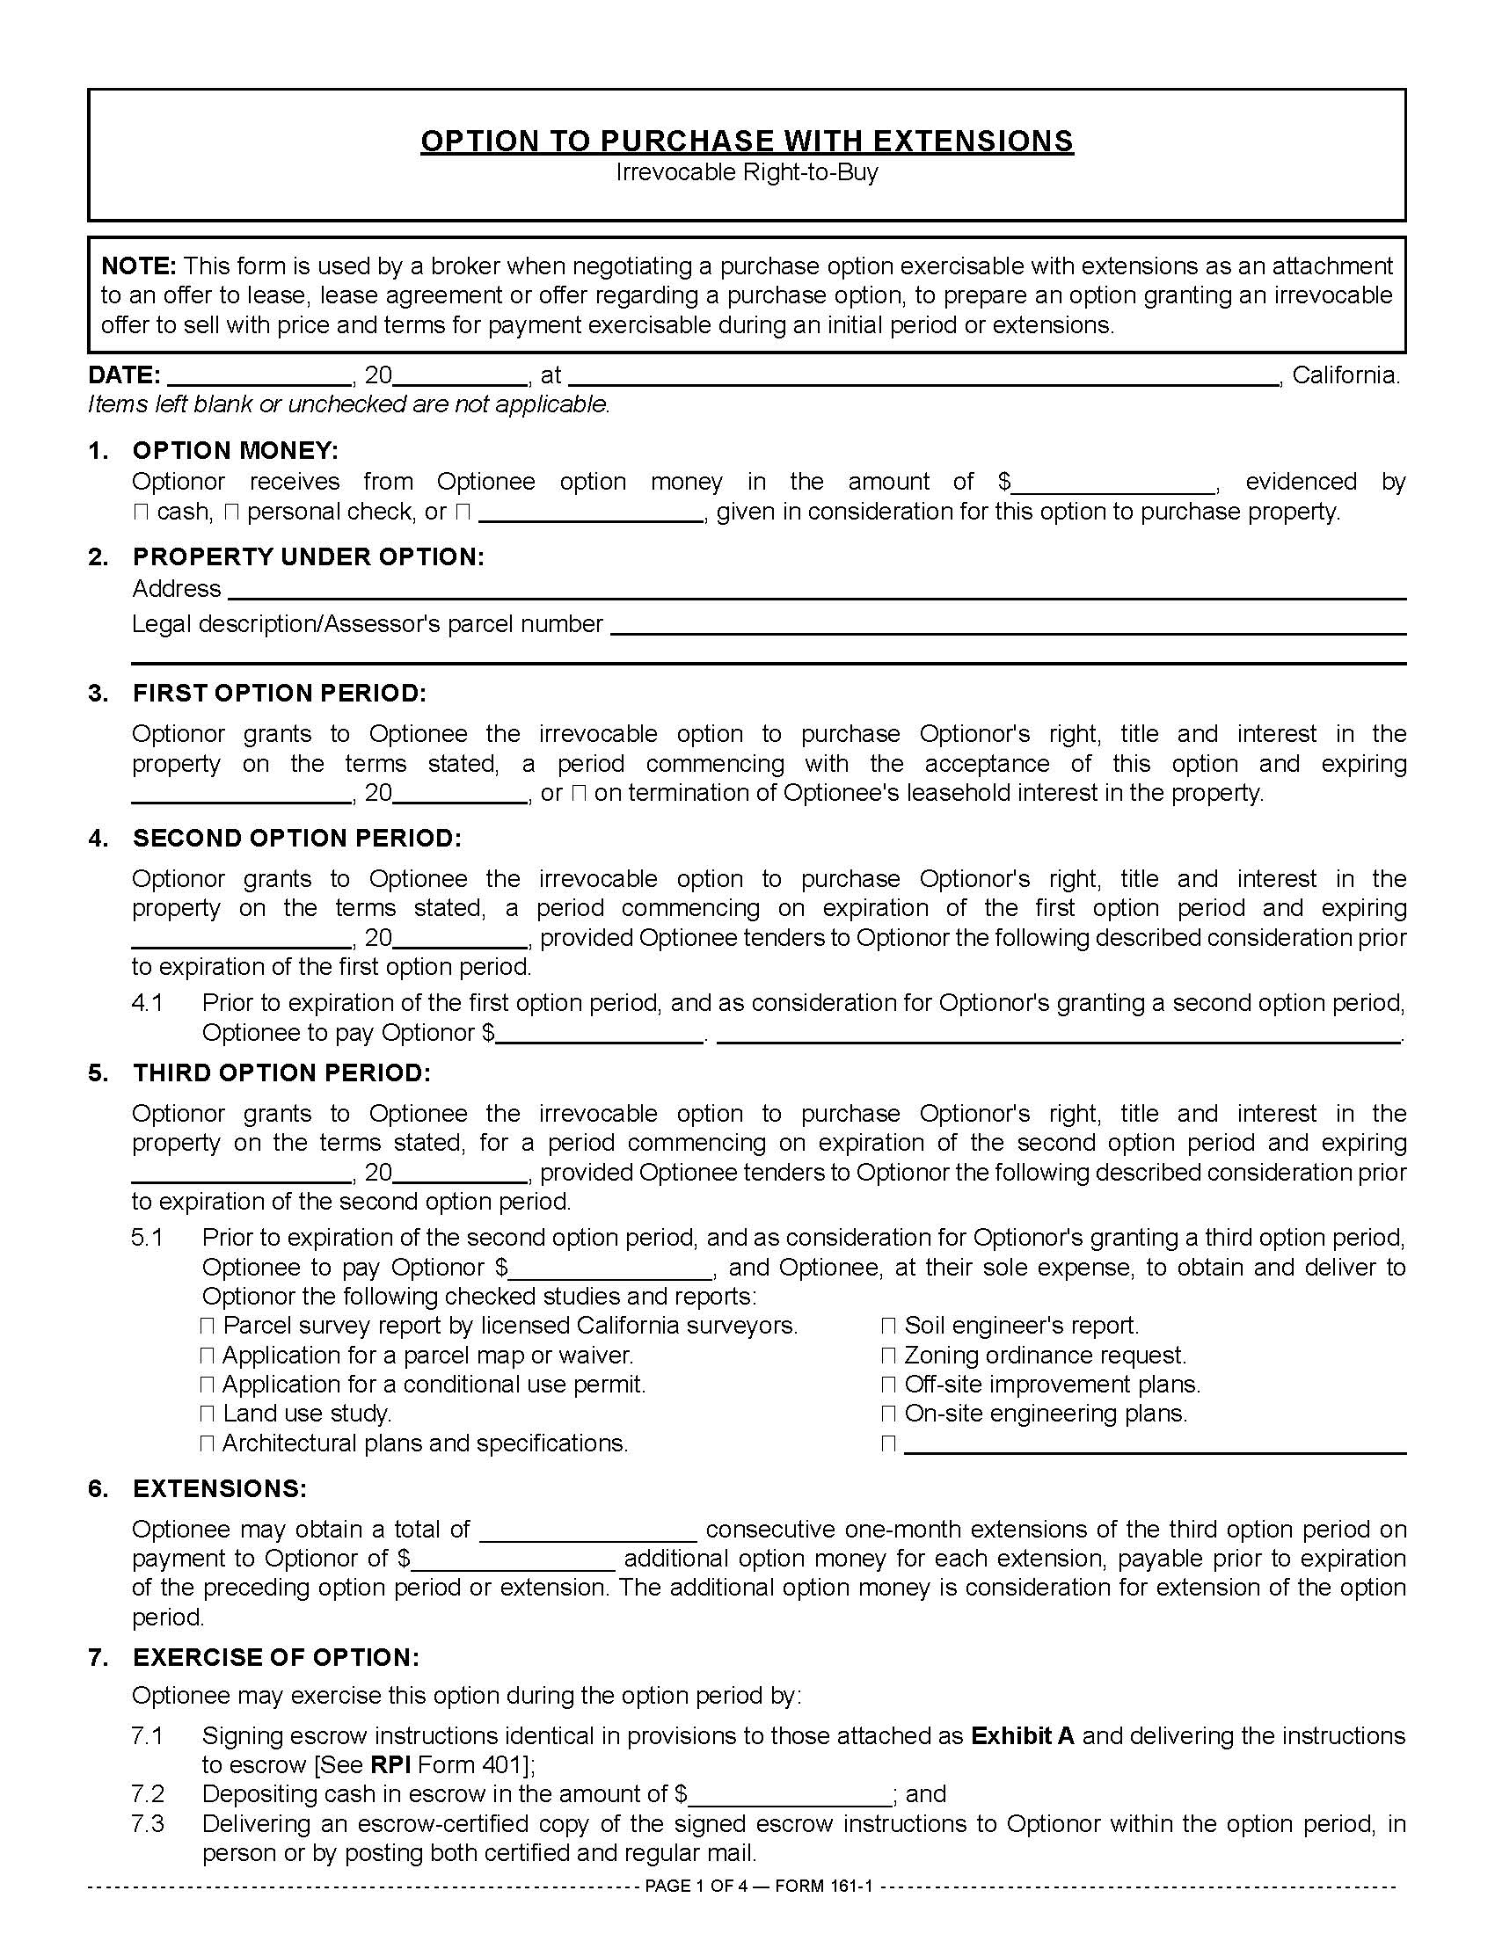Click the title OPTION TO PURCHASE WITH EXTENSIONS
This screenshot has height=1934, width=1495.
click(x=747, y=142)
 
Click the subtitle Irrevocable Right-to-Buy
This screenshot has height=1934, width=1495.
click(x=747, y=171)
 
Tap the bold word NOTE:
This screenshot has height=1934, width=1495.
click(x=139, y=266)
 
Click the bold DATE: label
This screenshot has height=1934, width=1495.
click(x=124, y=375)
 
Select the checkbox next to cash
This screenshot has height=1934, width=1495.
click(x=140, y=513)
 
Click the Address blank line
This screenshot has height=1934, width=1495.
click(x=815, y=590)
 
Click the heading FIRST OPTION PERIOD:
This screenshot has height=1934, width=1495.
click(x=279, y=694)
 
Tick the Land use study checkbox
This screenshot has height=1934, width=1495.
click(x=208, y=1414)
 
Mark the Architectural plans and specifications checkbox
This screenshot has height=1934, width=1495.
click(x=208, y=1444)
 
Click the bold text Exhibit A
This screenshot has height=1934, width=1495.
click(x=1022, y=1736)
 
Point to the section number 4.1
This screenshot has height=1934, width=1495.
click(x=147, y=1003)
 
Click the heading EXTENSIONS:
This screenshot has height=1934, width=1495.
click(x=220, y=1489)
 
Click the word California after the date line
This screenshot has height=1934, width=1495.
click(x=1345, y=375)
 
